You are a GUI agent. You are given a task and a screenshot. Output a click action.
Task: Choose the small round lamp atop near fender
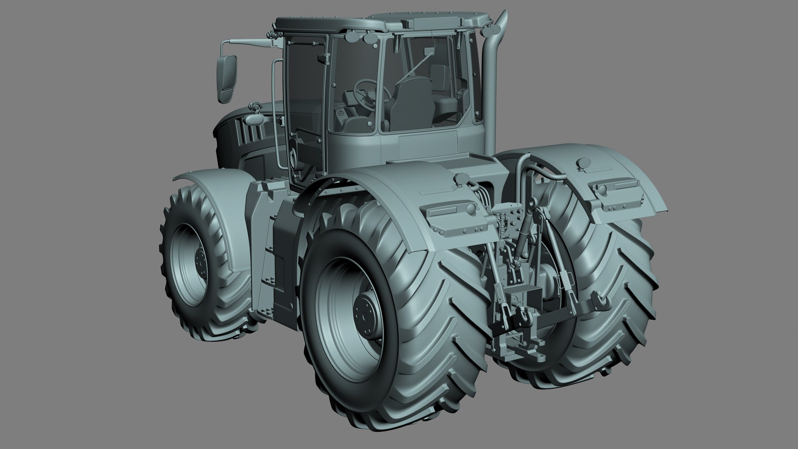coord(461,179)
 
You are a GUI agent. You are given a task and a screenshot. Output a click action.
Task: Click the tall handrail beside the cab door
coord(274,112)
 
